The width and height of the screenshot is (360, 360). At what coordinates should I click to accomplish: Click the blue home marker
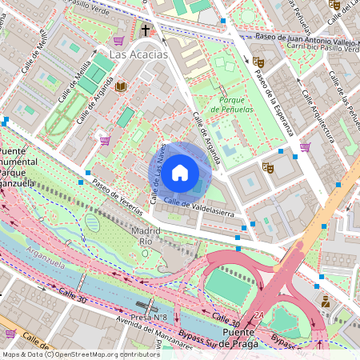(180, 173)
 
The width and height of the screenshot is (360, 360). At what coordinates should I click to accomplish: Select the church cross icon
(145, 31)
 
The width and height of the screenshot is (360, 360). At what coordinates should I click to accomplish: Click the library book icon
(121, 86)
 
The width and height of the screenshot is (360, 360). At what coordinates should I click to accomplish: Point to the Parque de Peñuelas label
(232, 105)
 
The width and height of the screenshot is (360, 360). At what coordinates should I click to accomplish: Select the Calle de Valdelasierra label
(198, 206)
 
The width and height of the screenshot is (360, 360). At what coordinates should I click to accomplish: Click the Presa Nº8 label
(150, 317)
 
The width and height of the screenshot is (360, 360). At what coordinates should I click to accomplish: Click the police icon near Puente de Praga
(325, 302)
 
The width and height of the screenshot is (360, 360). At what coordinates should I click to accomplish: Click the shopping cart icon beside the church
(119, 41)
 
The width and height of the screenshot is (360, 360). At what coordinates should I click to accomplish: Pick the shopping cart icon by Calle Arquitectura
(305, 146)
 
